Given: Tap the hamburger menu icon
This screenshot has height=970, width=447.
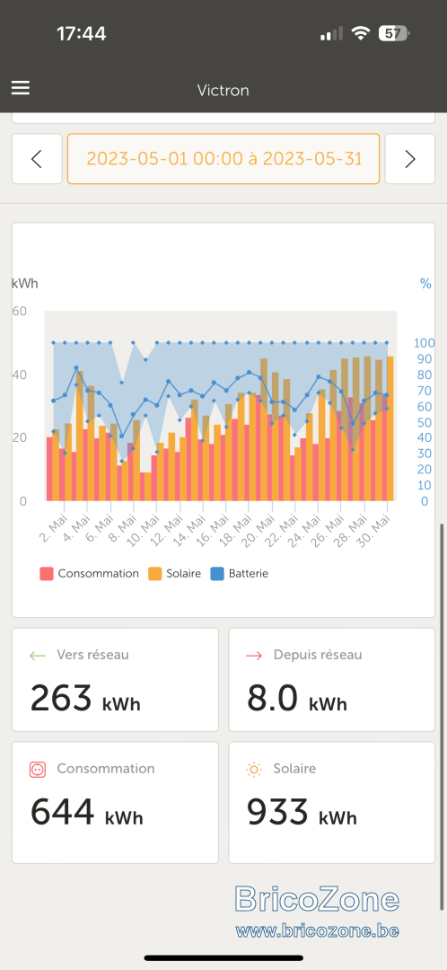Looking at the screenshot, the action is (x=21, y=88).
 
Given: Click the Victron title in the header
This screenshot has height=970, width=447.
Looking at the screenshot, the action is (x=223, y=91).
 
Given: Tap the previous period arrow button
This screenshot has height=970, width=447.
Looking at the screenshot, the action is (x=37, y=159).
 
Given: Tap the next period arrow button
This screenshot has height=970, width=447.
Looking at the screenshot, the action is (x=410, y=159).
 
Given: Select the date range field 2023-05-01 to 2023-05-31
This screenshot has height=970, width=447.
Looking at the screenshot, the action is (x=223, y=159).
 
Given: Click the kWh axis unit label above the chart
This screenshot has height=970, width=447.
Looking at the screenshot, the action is (x=25, y=284).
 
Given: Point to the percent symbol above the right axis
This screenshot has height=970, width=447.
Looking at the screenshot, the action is (x=425, y=284).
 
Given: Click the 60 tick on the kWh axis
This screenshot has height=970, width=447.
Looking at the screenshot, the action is (x=20, y=311).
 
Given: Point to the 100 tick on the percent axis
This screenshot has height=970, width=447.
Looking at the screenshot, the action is (x=425, y=343).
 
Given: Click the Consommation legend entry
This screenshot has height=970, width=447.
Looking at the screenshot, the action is (x=89, y=573).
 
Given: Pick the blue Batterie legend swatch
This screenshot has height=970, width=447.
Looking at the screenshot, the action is (x=216, y=573).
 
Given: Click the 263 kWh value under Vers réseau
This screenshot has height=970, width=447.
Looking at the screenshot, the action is (x=85, y=699).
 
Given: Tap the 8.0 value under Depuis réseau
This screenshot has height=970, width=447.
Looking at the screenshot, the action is (x=273, y=699).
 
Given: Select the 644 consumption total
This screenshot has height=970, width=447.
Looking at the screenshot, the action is (x=63, y=812).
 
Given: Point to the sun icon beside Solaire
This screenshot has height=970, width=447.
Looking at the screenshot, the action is (x=254, y=770).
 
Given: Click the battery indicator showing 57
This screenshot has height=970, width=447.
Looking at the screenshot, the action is (x=394, y=33).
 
